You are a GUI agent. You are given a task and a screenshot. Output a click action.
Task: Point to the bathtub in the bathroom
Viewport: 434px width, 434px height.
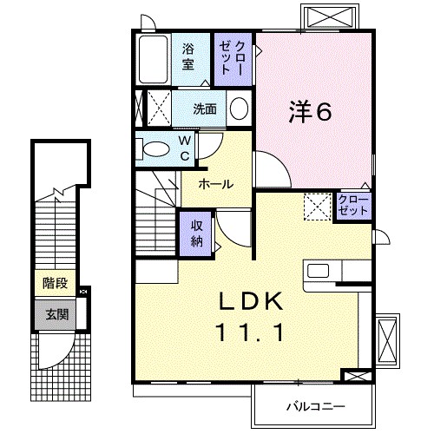pyautogui.click(x=155, y=59)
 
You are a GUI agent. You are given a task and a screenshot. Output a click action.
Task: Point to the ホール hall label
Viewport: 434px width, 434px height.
pyautogui.click(x=214, y=184)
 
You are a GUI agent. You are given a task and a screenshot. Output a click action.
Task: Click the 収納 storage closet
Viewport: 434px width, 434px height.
pyautogui.click(x=196, y=231)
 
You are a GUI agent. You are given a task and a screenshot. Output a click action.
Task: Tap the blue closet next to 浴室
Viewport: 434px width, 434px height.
pyautogui.click(x=232, y=57)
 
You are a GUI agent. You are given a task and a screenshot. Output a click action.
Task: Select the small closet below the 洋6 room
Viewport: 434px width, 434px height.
pyautogui.click(x=354, y=206)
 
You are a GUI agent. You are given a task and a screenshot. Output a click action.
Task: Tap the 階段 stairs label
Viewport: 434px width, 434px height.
pyautogui.click(x=51, y=283)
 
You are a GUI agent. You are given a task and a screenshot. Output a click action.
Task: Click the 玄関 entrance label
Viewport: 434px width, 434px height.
pyautogui.click(x=51, y=314)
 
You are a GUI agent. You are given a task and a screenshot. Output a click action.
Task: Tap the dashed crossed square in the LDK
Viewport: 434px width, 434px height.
pyautogui.click(x=315, y=207)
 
